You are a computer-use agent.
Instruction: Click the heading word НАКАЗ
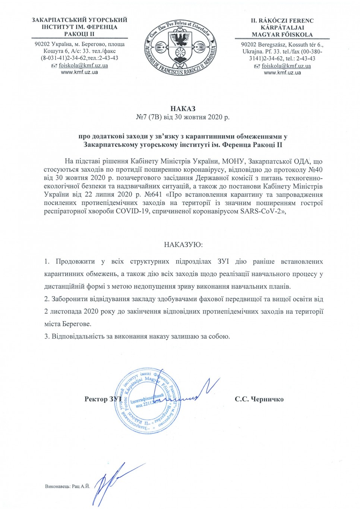[x=183, y=109]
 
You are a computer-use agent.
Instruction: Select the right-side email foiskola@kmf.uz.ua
[x=286, y=66]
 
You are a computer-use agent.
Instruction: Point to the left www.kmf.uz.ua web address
[x=79, y=72]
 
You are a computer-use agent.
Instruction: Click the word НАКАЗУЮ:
[x=183, y=245]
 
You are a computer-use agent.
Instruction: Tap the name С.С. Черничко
[x=259, y=399]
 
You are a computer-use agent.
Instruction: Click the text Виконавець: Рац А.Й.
[x=67, y=487]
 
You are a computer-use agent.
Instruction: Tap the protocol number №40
[x=315, y=170]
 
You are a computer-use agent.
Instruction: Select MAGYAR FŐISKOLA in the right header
[x=282, y=34]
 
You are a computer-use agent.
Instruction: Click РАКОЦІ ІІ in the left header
[x=79, y=34]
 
